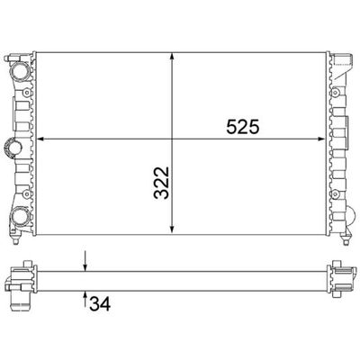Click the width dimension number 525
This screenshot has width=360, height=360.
(x=242, y=127)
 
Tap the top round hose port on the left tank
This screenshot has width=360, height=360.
(x=19, y=68)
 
